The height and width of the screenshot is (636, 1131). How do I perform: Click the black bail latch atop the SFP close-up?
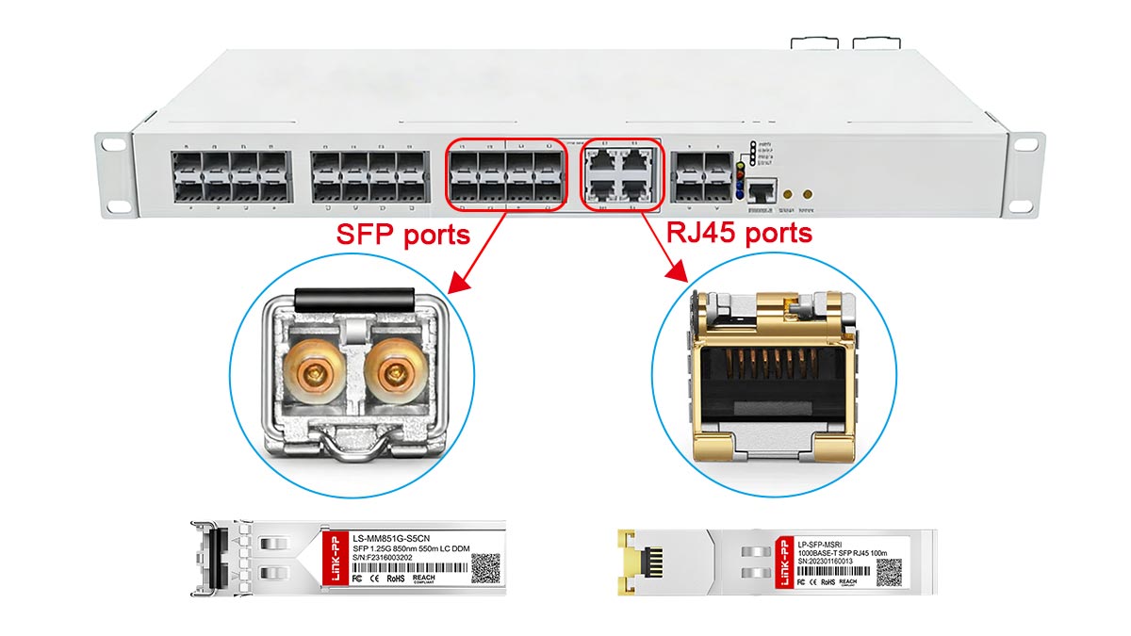(x=353, y=300)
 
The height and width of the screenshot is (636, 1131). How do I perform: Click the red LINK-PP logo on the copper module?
(x=781, y=564)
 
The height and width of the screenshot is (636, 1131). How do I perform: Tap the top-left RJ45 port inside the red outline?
(x=603, y=159)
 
